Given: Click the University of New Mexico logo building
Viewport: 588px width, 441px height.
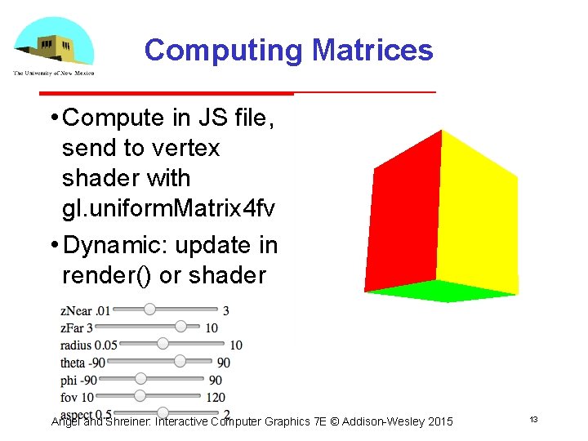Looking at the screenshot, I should click(x=53, y=44).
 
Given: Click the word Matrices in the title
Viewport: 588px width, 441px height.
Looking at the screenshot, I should click(x=372, y=51).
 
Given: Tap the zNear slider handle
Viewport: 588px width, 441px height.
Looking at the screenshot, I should click(x=149, y=310).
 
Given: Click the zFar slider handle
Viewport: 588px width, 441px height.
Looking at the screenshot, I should click(x=181, y=327).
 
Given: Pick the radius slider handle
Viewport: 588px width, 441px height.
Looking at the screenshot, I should click(x=163, y=344).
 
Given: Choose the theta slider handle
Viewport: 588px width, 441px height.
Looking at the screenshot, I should click(x=180, y=361).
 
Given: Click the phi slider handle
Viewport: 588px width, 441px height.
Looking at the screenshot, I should click(x=140, y=378).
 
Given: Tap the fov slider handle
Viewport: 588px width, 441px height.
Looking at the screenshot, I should click(x=140, y=395).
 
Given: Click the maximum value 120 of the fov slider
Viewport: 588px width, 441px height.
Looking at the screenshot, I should click(x=216, y=397).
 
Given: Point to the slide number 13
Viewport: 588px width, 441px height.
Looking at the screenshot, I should click(x=533, y=420).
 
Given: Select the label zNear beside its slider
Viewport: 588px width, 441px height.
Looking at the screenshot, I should click(x=76, y=310).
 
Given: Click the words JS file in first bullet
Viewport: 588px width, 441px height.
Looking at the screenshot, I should click(x=234, y=118).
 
